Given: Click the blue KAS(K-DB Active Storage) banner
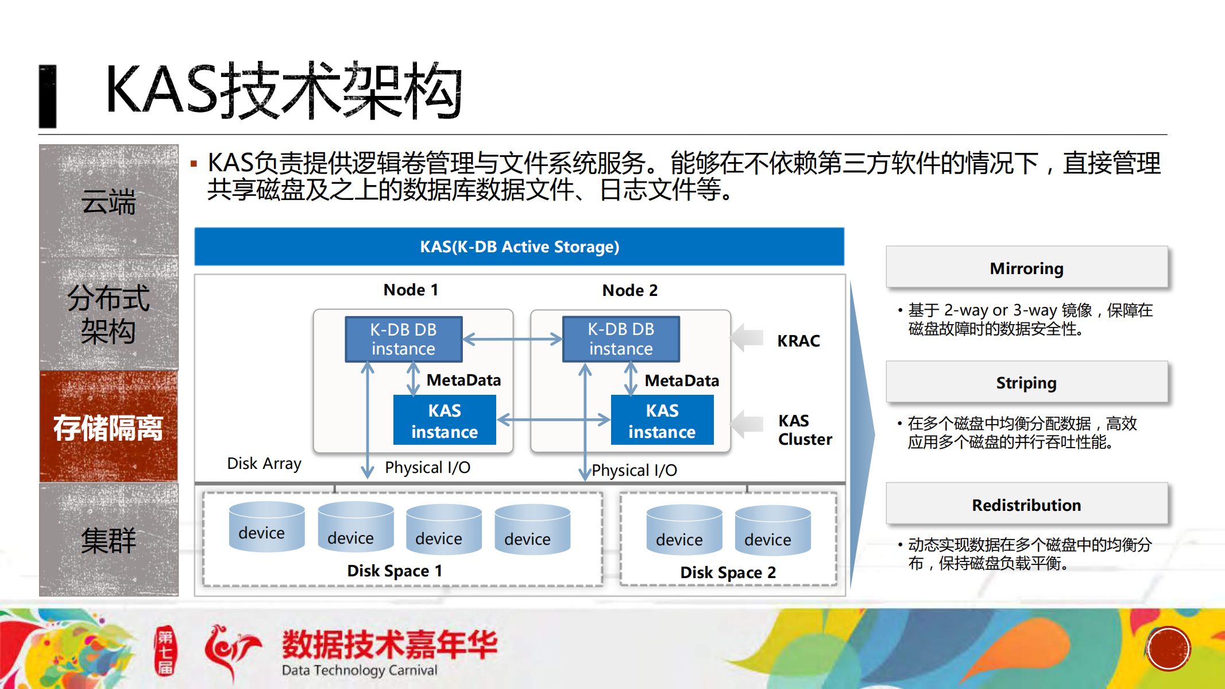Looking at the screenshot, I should [519, 247].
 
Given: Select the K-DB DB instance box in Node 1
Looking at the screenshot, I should [403, 339].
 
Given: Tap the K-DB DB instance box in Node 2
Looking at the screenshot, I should [621, 339].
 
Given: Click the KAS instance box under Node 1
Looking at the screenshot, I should [444, 420].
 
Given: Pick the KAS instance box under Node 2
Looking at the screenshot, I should [662, 420].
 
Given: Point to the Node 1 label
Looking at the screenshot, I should [411, 290].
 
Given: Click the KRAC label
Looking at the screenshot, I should [798, 341].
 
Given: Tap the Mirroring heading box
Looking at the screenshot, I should [1026, 268].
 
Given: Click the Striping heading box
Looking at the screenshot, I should [1026, 383].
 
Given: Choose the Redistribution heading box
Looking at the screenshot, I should [1026, 505].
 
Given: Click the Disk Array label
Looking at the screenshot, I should [264, 463].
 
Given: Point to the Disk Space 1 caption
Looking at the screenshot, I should [395, 571].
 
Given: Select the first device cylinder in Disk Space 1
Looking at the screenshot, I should [266, 527].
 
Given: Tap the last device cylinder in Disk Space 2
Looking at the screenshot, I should [772, 530].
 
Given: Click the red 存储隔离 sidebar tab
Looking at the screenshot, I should [109, 427].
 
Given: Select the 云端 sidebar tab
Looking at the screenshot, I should [109, 201].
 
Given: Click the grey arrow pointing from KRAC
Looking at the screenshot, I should [747, 338].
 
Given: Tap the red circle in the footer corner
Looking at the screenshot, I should [1168, 649].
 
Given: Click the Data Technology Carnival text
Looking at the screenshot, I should [360, 670].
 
